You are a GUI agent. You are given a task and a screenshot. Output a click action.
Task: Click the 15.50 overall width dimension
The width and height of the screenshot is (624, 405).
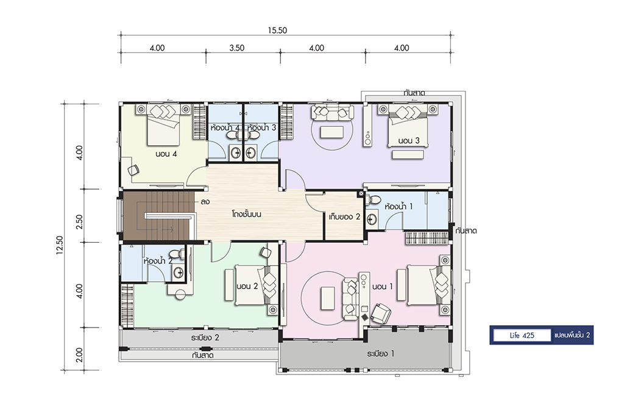pos(277,30)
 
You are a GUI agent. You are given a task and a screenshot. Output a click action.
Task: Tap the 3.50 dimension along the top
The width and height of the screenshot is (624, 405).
pos(237,48)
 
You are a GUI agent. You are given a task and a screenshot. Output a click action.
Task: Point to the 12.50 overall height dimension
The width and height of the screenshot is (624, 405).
pos(60,245)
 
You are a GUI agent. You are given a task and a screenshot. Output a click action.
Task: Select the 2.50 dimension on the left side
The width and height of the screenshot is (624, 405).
pos(79,221)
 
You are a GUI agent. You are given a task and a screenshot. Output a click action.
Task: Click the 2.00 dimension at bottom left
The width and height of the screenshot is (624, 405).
pos(79,355)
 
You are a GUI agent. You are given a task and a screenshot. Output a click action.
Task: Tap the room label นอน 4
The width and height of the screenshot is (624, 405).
pos(166,154)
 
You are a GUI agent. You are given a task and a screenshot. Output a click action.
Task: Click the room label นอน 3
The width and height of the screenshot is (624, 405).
pos(409,140)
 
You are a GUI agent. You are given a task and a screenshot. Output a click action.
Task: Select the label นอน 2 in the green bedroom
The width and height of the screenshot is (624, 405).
pos(247,286)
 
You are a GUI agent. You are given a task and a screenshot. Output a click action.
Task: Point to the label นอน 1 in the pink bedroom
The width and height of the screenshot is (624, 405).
pos(383,286)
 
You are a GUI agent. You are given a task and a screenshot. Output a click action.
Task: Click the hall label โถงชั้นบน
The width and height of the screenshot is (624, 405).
pos(247,214)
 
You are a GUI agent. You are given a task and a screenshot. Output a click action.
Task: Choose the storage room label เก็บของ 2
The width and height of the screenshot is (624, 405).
pos(344,217)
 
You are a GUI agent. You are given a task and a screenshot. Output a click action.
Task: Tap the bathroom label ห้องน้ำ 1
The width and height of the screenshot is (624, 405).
pos(399,206)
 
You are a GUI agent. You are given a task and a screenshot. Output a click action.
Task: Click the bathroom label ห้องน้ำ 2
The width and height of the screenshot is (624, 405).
pos(158,261)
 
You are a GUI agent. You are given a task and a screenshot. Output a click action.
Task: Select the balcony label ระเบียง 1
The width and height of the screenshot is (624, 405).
pos(381,354)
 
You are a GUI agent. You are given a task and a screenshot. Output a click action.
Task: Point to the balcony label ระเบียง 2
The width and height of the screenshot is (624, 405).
pos(205,338)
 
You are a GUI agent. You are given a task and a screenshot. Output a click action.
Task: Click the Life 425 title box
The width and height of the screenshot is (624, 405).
pos(522,335)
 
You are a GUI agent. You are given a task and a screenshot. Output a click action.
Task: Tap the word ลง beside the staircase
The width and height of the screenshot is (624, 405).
pos(205,202)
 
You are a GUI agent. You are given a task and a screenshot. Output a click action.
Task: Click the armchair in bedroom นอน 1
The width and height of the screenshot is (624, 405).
pos(380,313)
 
